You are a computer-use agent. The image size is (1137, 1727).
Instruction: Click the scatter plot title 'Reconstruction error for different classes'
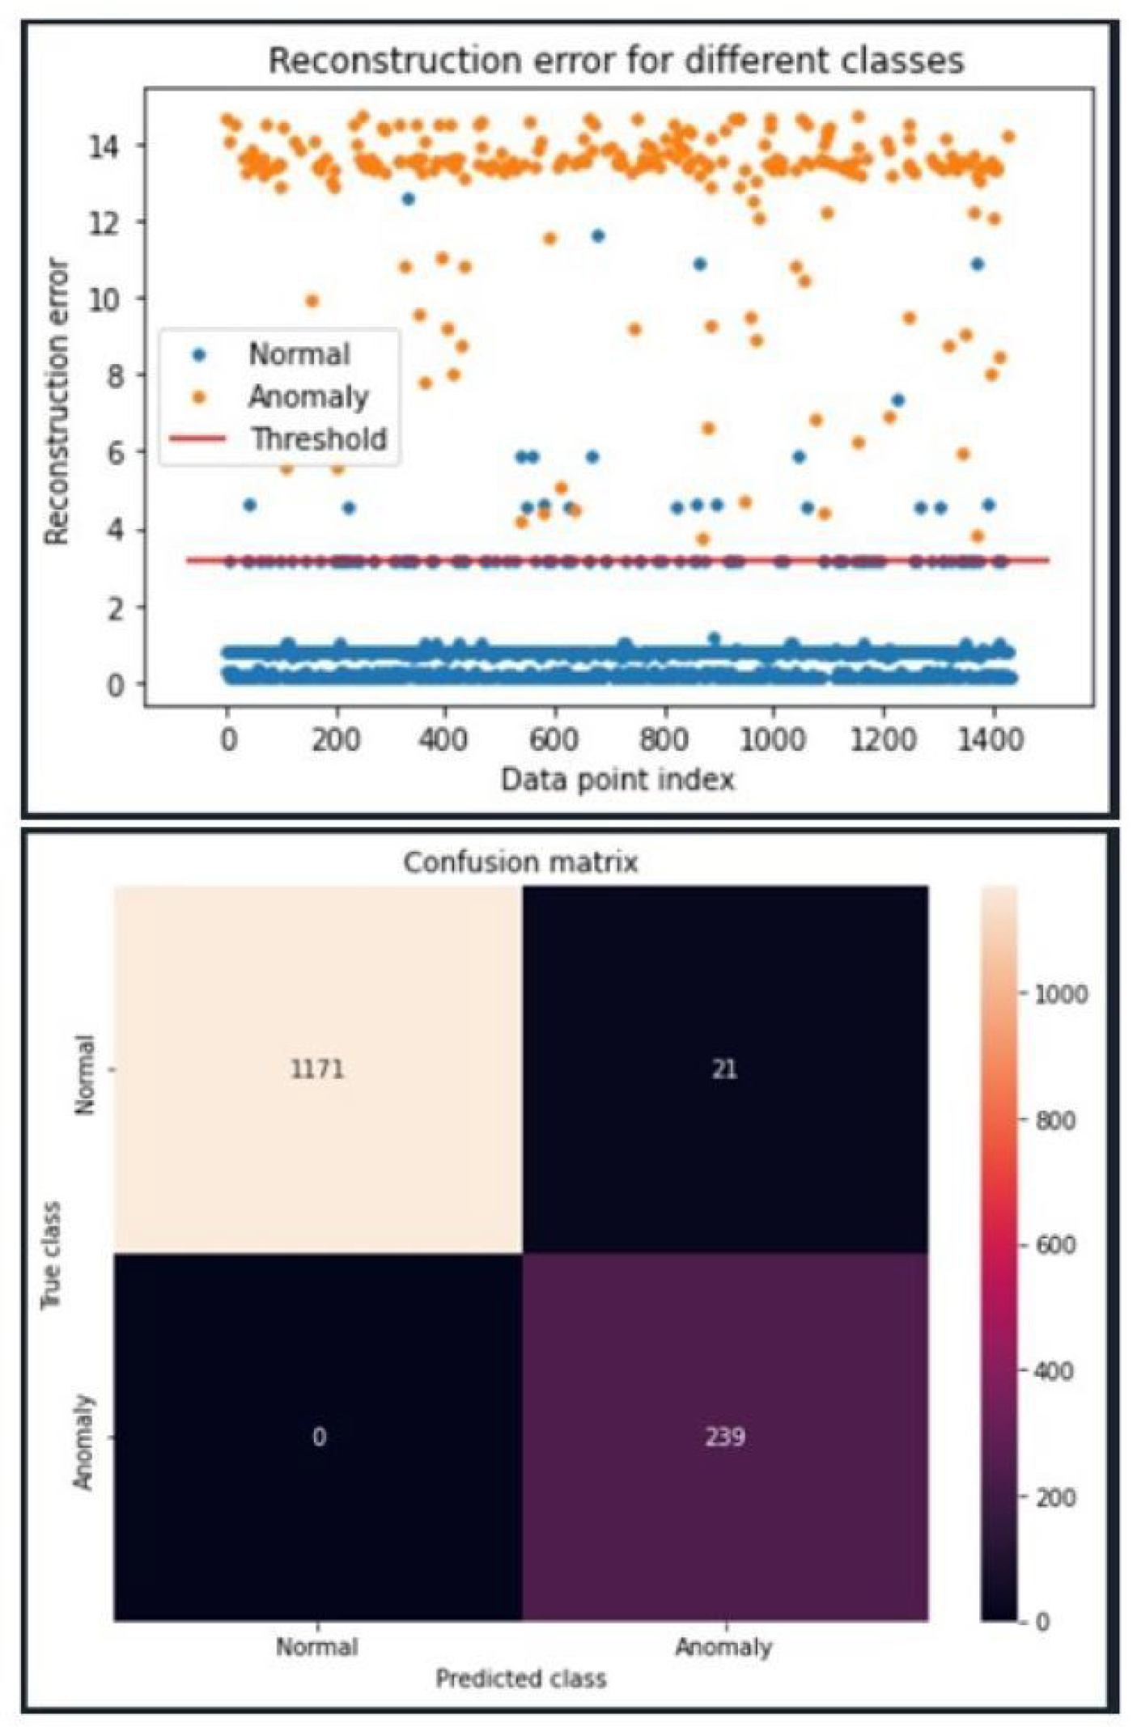pos(616,61)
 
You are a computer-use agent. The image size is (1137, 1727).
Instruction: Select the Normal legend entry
pos(298,354)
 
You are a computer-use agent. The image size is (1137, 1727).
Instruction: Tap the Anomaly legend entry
pos(308,396)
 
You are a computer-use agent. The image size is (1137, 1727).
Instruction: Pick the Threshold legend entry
pos(318,438)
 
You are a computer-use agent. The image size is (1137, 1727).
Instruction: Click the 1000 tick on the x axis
pos(773,739)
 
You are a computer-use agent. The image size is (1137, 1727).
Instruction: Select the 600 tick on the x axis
pos(555,739)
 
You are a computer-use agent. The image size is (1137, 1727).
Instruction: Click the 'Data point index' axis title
pos(617,780)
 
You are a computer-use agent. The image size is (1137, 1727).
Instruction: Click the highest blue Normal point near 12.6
pos(409,199)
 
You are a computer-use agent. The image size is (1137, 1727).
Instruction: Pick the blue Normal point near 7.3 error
pos(897,400)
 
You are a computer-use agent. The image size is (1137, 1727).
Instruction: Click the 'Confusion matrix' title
pos(520,862)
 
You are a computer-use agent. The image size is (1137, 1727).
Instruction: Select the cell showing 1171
pos(317,1069)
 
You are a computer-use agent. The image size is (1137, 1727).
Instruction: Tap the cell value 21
pos(724,1069)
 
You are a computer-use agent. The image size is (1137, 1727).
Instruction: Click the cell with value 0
pos(319,1437)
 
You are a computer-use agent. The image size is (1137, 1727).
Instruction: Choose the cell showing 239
pos(724,1437)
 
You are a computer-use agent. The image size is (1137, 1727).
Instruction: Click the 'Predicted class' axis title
pos(520,1678)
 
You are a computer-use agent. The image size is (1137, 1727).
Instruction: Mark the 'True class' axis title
pos(51,1255)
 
